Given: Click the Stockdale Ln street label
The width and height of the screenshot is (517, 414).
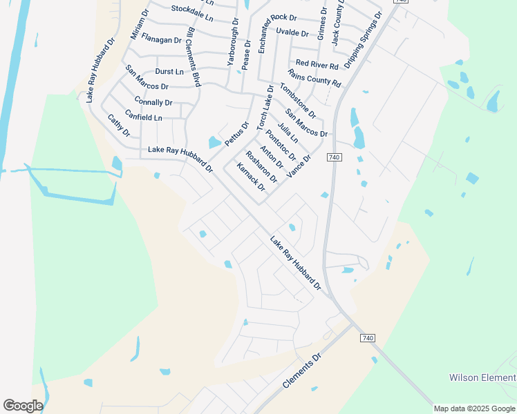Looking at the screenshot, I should pyautogui.click(x=193, y=10).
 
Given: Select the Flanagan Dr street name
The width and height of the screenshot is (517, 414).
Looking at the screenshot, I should pyautogui.click(x=161, y=40).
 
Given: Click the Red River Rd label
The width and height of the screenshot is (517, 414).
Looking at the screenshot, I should pyautogui.click(x=317, y=66).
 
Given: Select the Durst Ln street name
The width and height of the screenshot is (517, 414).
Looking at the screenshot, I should pyautogui.click(x=169, y=71).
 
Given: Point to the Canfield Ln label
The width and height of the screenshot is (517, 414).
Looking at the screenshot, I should pyautogui.click(x=144, y=117).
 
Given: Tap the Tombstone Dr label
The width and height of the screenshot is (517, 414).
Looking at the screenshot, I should pyautogui.click(x=298, y=100).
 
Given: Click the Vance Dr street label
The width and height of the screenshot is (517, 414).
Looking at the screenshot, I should pyautogui.click(x=299, y=166).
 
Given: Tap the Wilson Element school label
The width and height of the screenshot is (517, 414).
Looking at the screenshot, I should pyautogui.click(x=482, y=377).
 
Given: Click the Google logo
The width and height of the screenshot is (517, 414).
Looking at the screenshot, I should pyautogui.click(x=23, y=406).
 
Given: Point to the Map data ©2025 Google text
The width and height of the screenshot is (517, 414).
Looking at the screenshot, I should pyautogui.click(x=474, y=408).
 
